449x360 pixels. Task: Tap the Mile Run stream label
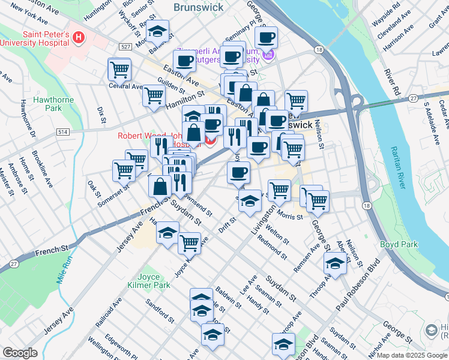click(64, 270)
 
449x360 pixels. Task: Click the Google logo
click(20, 353)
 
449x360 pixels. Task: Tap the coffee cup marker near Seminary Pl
click(265, 38)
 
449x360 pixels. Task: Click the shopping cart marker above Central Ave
click(119, 70)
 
